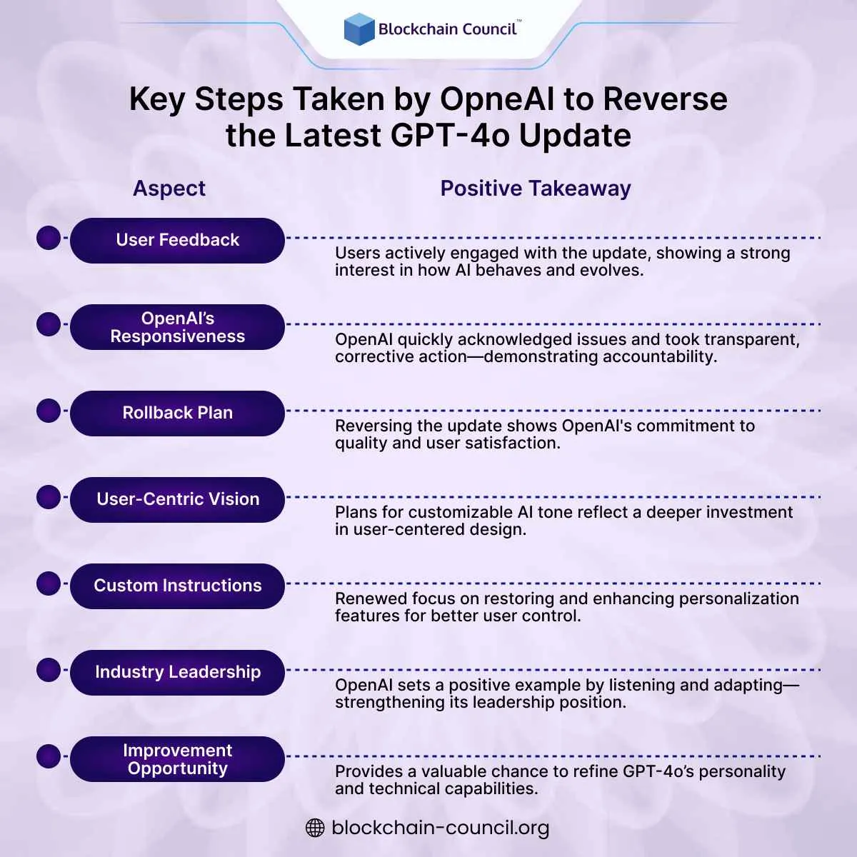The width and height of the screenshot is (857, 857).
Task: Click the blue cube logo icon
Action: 359,29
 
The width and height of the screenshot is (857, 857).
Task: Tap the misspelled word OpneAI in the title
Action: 496,99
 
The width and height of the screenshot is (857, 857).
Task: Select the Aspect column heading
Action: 169,189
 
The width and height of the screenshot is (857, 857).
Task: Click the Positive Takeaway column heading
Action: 536,189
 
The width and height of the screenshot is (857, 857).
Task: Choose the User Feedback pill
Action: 177,240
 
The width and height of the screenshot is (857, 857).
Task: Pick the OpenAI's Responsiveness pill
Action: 177,327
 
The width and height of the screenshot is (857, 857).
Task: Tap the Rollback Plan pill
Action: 177,413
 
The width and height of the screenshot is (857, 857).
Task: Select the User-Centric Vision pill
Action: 177,499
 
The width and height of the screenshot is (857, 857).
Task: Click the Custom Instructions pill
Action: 177,586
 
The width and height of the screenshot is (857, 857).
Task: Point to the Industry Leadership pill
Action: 177,672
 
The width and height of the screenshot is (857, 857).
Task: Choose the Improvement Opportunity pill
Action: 177,759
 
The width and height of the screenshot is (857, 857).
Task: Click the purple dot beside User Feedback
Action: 49,238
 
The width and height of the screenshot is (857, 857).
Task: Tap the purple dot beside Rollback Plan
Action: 49,411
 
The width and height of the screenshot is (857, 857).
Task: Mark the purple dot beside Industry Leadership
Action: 49,670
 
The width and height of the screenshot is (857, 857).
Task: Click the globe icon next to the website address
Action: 315,828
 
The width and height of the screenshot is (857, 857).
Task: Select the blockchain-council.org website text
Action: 441,828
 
